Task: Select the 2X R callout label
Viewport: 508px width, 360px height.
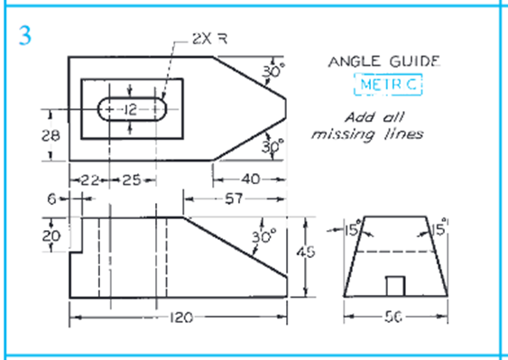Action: tap(208, 40)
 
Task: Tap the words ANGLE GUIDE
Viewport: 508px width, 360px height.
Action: tap(383, 62)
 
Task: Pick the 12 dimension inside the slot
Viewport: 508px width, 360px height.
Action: tap(131, 108)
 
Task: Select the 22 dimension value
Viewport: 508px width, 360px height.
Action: tap(88, 180)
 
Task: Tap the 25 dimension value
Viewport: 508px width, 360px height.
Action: tap(132, 180)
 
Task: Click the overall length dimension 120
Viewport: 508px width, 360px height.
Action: tap(179, 318)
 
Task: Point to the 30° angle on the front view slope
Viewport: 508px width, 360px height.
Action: tap(263, 236)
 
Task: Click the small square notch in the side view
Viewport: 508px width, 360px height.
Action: tap(393, 285)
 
